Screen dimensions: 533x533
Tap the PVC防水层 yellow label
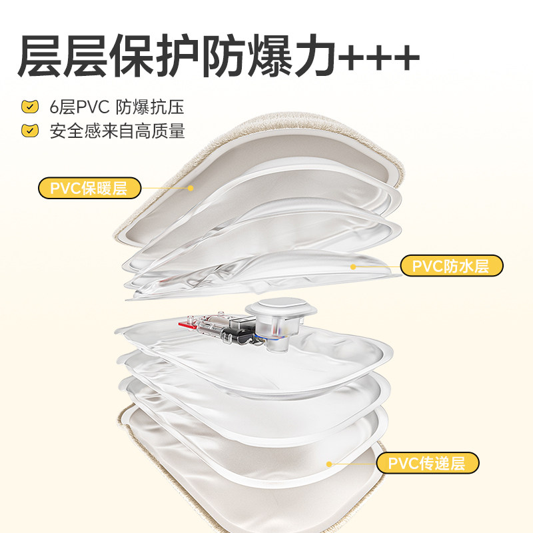point(451,266)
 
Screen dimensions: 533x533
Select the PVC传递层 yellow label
point(427,462)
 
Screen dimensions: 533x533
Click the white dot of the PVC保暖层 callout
point(191,188)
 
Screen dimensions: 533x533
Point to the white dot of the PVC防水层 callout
point(354,266)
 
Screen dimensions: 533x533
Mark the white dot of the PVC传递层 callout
point(328,463)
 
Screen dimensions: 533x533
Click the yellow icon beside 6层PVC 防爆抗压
point(29,107)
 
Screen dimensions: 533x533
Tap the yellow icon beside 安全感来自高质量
point(29,130)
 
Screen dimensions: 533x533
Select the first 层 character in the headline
point(42,55)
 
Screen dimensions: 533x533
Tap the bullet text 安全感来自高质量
point(117,130)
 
